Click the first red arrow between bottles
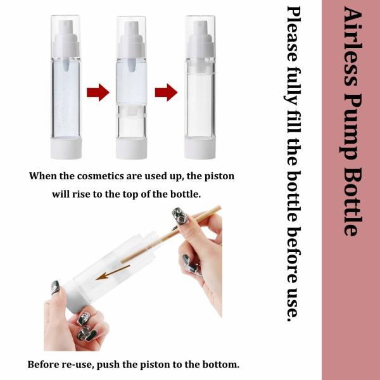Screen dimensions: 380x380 98,92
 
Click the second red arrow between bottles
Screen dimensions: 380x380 166,92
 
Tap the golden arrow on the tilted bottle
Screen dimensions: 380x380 113,272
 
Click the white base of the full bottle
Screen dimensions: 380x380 66,148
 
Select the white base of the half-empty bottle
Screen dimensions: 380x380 131,148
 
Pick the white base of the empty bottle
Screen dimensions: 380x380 200,148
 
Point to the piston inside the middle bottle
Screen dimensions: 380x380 131,113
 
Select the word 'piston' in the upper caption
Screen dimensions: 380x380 219,177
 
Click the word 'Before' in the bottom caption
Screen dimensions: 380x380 42,365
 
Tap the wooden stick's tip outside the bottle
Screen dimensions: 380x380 219,208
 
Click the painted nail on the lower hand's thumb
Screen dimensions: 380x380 55,287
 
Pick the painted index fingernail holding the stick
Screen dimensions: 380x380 179,216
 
